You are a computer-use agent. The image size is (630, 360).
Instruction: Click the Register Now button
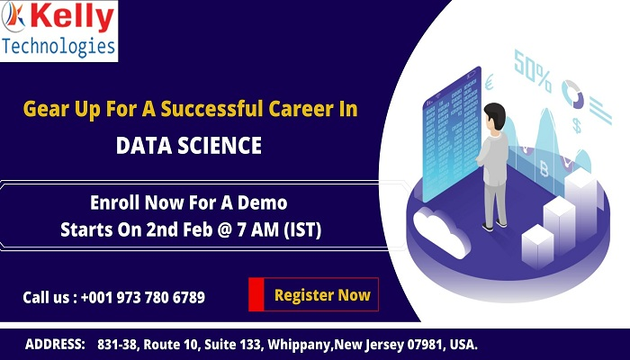(314, 294)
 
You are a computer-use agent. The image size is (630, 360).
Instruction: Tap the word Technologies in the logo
(59, 46)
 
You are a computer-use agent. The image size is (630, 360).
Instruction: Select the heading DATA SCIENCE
(189, 146)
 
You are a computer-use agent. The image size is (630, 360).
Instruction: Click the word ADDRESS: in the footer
(55, 345)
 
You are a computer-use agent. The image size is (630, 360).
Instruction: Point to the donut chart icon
(572, 91)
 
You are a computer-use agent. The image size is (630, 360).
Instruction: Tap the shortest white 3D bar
(537, 245)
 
